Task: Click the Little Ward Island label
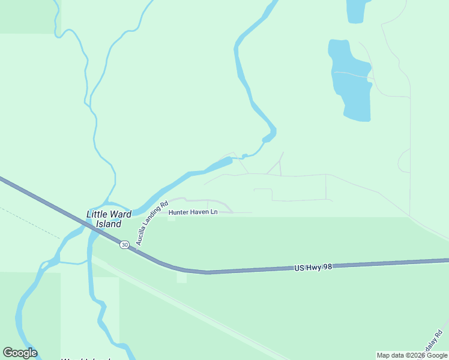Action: tap(109, 219)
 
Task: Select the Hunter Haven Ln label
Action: tap(193, 212)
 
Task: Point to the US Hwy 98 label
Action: tap(313, 266)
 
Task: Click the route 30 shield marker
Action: tap(124, 245)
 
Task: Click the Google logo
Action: tap(20, 353)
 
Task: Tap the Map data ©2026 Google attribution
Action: tap(412, 356)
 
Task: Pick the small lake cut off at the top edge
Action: tap(355, 11)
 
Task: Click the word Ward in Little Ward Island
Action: tap(120, 214)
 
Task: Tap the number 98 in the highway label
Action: tap(326, 265)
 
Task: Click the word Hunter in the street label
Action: tap(179, 212)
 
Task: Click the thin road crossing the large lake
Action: tap(351, 75)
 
